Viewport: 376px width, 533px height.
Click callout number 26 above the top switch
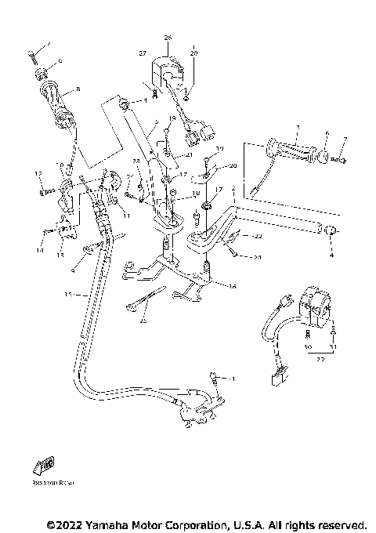point(167,38)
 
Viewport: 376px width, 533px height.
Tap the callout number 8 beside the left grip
point(56,89)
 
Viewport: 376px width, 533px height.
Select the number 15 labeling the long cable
point(68,294)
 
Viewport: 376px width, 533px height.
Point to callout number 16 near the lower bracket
point(232,288)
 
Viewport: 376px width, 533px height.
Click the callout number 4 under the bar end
point(331,255)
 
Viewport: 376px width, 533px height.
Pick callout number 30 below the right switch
point(305,346)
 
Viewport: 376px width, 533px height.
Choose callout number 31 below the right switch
point(333,346)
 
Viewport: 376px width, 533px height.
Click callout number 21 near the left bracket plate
point(189,156)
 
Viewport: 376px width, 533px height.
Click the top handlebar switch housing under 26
point(170,71)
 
